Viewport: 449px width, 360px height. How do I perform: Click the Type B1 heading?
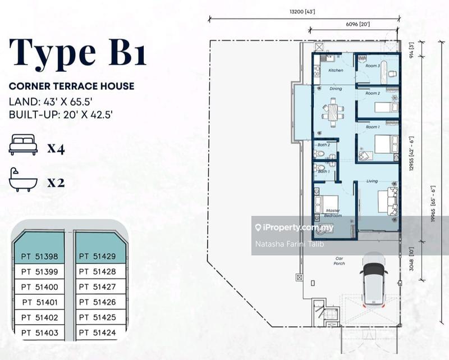coord(78,53)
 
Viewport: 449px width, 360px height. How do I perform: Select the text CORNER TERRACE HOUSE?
coord(71,86)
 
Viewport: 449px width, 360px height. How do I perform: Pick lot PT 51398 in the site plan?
coord(39,257)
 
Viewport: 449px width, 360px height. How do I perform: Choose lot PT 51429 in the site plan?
coord(97,257)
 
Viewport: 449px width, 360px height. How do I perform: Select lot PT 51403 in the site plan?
coord(39,332)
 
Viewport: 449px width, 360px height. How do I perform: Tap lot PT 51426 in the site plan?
coord(97,302)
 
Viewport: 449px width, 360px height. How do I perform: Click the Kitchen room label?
coord(336,70)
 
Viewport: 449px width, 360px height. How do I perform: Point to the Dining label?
coord(336,89)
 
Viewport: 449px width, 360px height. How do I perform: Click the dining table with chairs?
coord(333,112)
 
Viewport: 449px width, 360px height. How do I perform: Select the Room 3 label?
coord(373,66)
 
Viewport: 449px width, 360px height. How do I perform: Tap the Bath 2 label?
coord(324,144)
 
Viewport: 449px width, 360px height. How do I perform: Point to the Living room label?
coord(372,181)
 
